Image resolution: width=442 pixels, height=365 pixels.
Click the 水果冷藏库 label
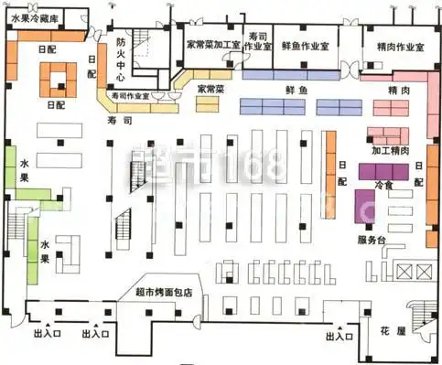[36, 18]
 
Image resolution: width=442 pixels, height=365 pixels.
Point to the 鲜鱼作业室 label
[306, 47]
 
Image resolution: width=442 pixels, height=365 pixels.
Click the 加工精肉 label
[390, 149]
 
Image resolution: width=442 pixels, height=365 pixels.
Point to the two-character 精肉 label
[397, 91]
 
